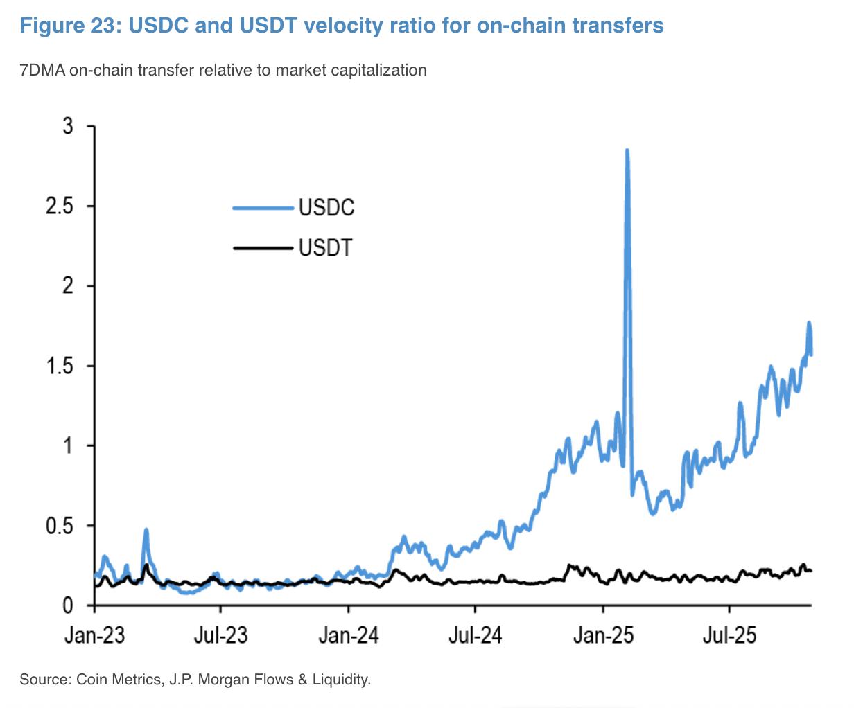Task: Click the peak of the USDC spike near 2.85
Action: point(627,151)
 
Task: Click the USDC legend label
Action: point(326,207)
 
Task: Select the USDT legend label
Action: point(326,247)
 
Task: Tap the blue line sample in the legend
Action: point(263,207)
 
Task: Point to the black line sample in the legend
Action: point(263,247)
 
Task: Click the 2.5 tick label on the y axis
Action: point(59,206)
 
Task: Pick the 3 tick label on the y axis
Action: point(67,127)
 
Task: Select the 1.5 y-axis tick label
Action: point(59,366)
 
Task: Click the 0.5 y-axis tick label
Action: point(59,525)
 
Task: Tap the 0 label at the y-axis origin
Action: point(67,605)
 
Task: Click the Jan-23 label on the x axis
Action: point(94,635)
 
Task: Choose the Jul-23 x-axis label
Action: point(220,635)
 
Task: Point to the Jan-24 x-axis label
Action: point(349,635)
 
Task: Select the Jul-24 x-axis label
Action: point(475,635)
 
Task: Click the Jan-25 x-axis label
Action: point(603,635)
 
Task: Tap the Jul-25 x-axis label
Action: point(729,635)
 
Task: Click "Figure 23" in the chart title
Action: point(63,26)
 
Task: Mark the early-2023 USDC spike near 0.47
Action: point(146,531)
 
